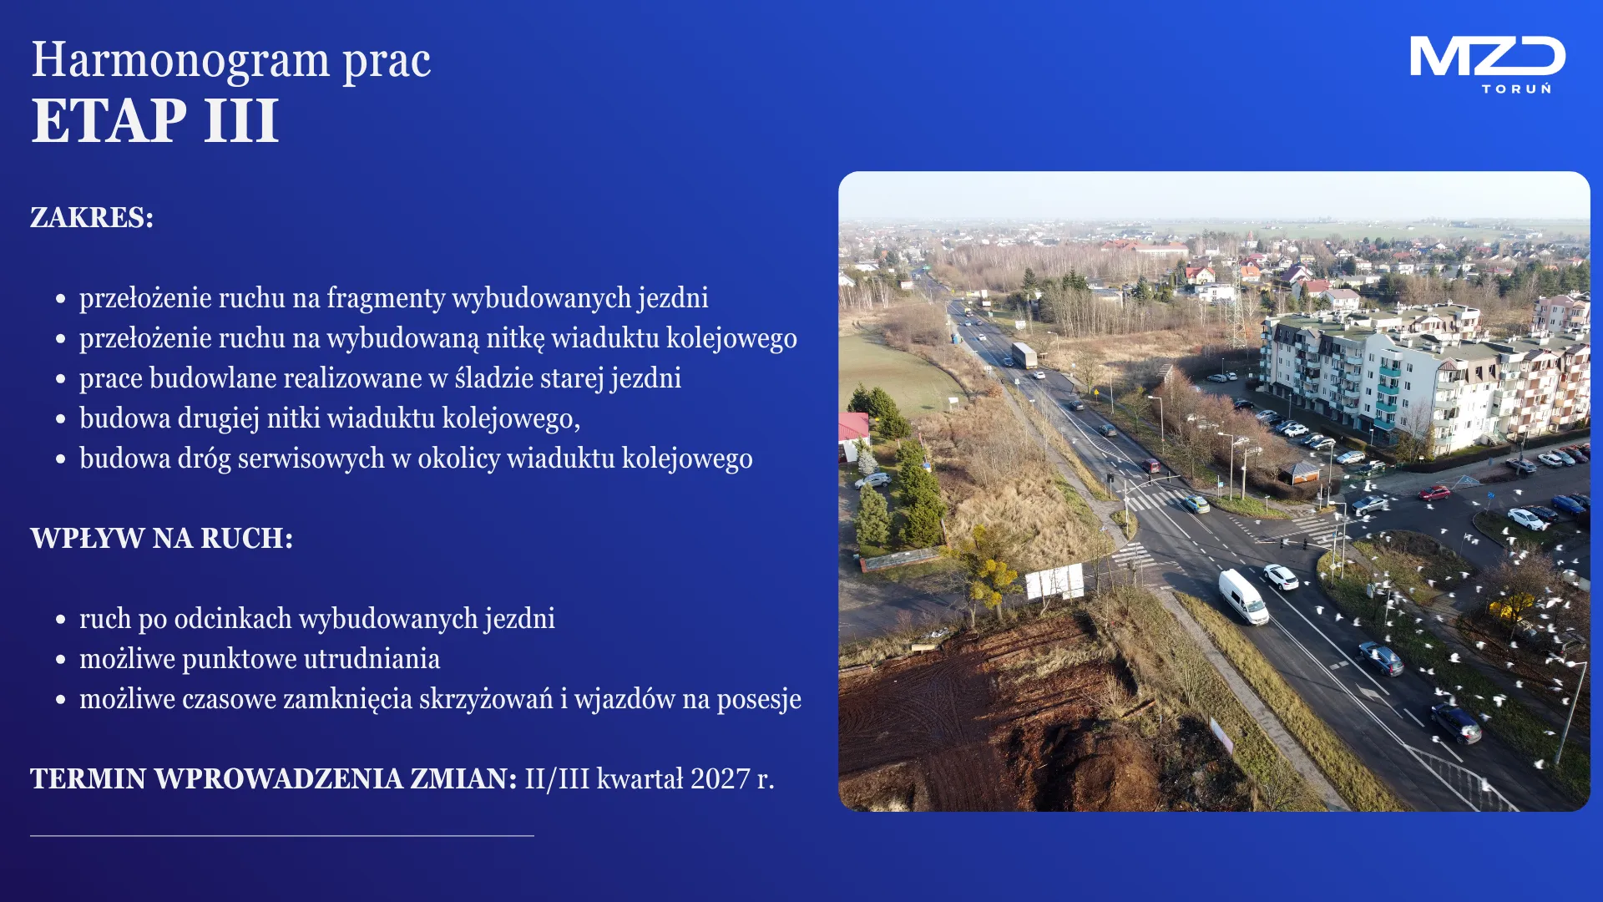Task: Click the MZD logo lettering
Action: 1487,57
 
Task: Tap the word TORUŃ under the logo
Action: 1516,89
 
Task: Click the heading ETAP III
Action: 154,121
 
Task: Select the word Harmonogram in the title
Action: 180,60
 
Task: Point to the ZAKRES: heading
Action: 92,217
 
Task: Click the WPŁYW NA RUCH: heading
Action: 162,538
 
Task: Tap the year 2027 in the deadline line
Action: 721,778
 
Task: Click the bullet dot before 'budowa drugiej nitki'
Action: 60,418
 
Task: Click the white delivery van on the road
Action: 1243,596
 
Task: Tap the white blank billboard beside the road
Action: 1054,581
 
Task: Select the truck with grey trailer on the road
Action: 1024,355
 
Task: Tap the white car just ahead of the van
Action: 1281,576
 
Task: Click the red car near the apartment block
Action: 1434,493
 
